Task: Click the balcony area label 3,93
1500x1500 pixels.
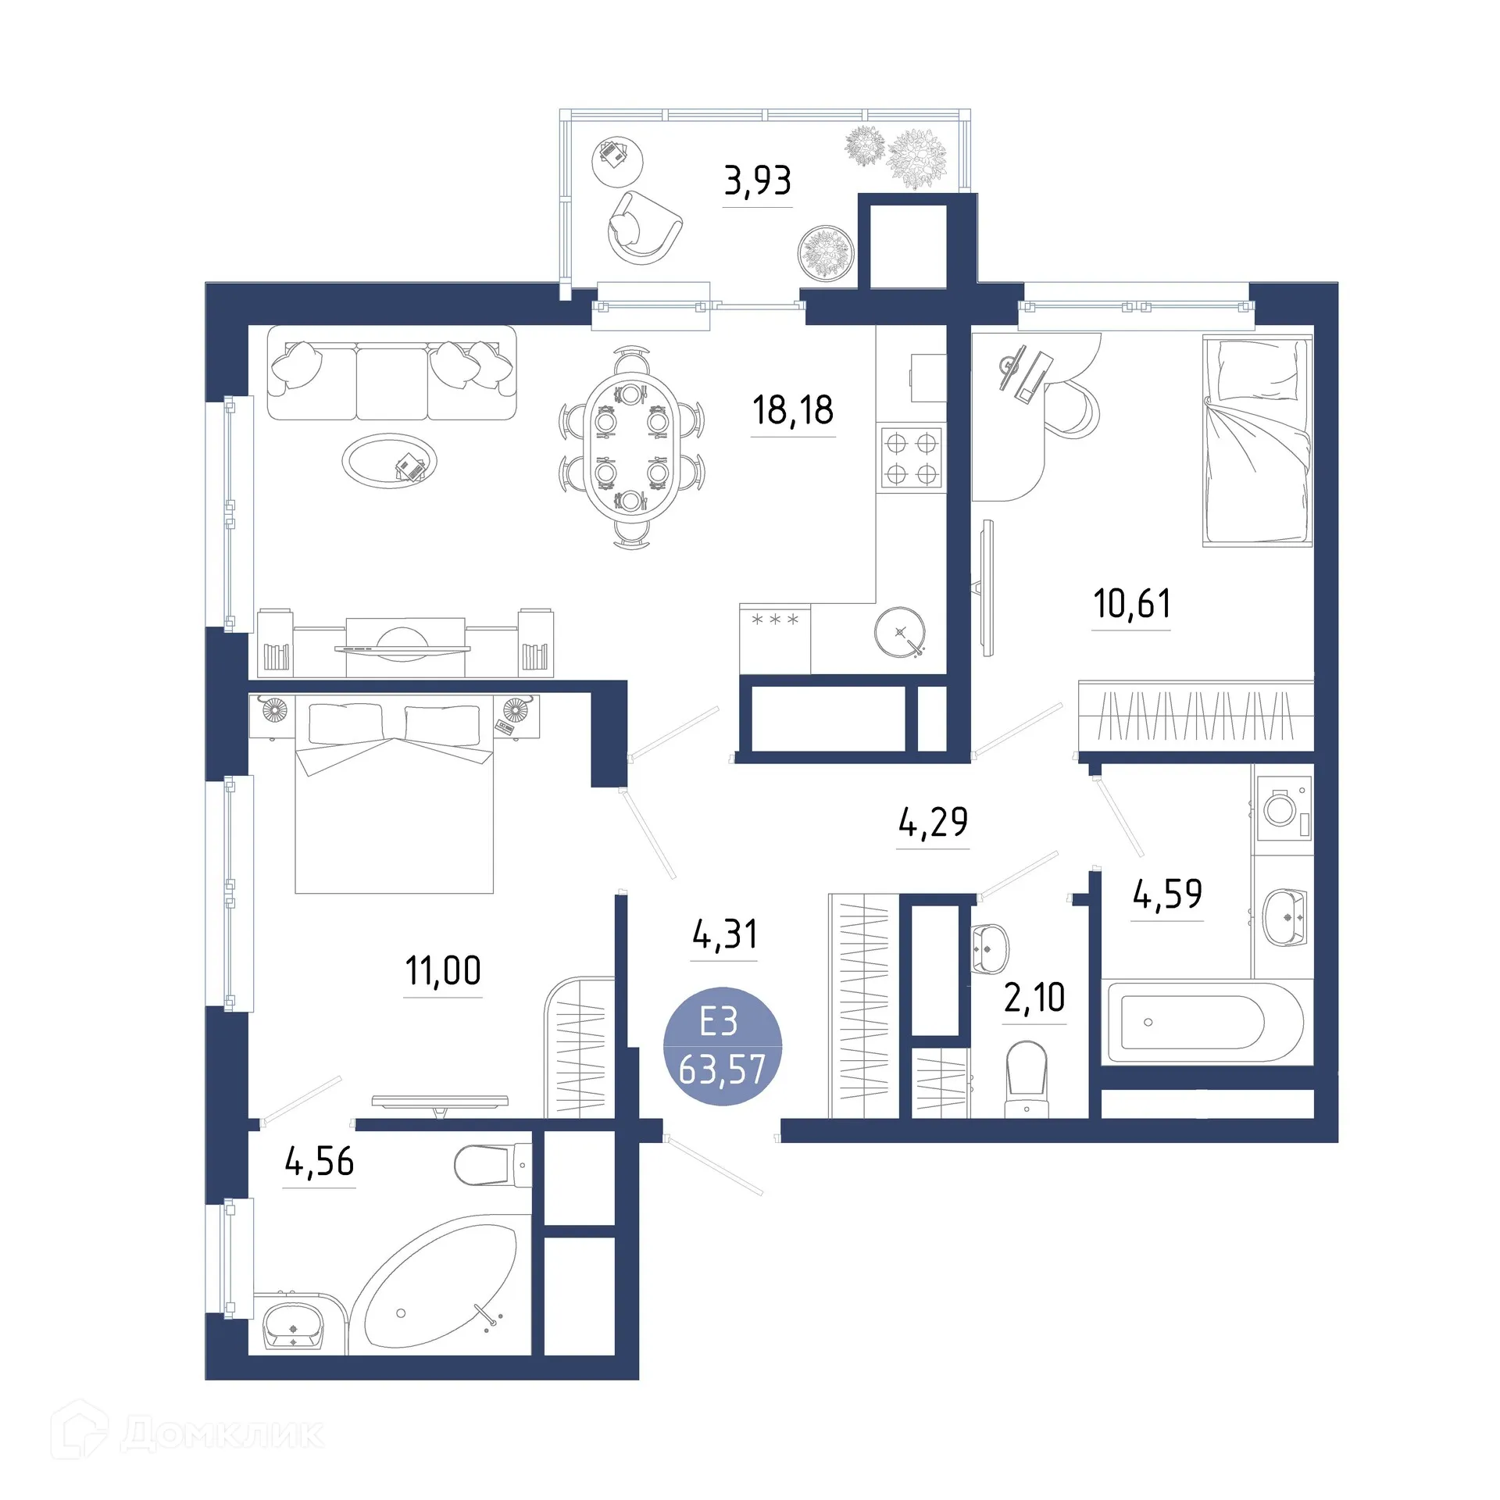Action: [x=757, y=181]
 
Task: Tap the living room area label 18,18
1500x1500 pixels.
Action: [x=792, y=410]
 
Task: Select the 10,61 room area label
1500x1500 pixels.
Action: [x=1131, y=604]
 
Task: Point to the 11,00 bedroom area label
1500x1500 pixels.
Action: [x=442, y=971]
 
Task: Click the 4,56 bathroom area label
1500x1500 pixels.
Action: [x=319, y=1162]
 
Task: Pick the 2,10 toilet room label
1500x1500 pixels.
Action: [x=1034, y=998]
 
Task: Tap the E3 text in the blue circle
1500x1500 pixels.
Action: [x=719, y=1022]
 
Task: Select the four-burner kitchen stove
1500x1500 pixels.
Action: [x=911, y=459]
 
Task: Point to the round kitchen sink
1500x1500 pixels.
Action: [x=899, y=631]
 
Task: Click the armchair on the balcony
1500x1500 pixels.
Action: [x=642, y=227]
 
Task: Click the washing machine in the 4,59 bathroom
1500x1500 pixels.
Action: [x=1281, y=809]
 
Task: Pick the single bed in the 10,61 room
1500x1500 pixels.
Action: [x=1256, y=440]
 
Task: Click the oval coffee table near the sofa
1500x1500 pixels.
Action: [x=388, y=462]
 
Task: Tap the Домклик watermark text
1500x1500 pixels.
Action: [x=222, y=1434]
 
